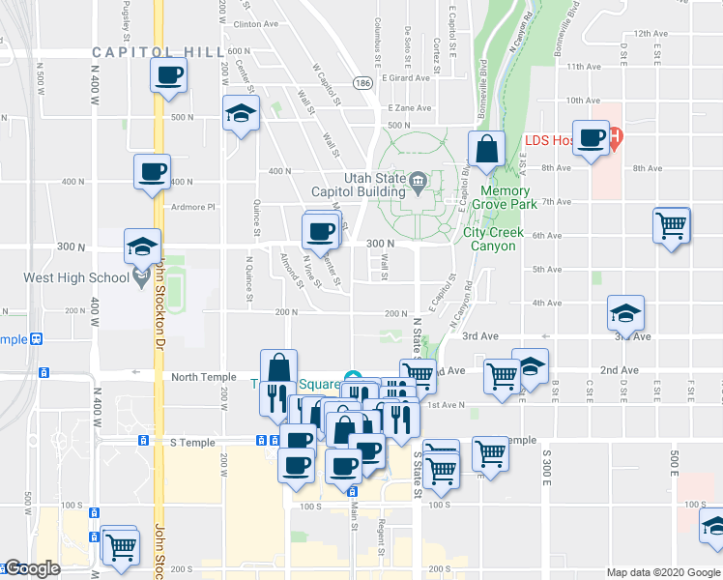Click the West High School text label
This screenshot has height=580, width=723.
(x=76, y=278)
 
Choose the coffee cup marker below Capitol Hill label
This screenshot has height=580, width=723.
(x=169, y=74)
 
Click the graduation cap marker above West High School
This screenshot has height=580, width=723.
(x=142, y=246)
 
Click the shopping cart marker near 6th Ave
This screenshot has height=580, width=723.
(x=671, y=225)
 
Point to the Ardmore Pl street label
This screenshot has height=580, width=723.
(x=193, y=206)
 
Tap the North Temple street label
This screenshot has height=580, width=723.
(x=196, y=377)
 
